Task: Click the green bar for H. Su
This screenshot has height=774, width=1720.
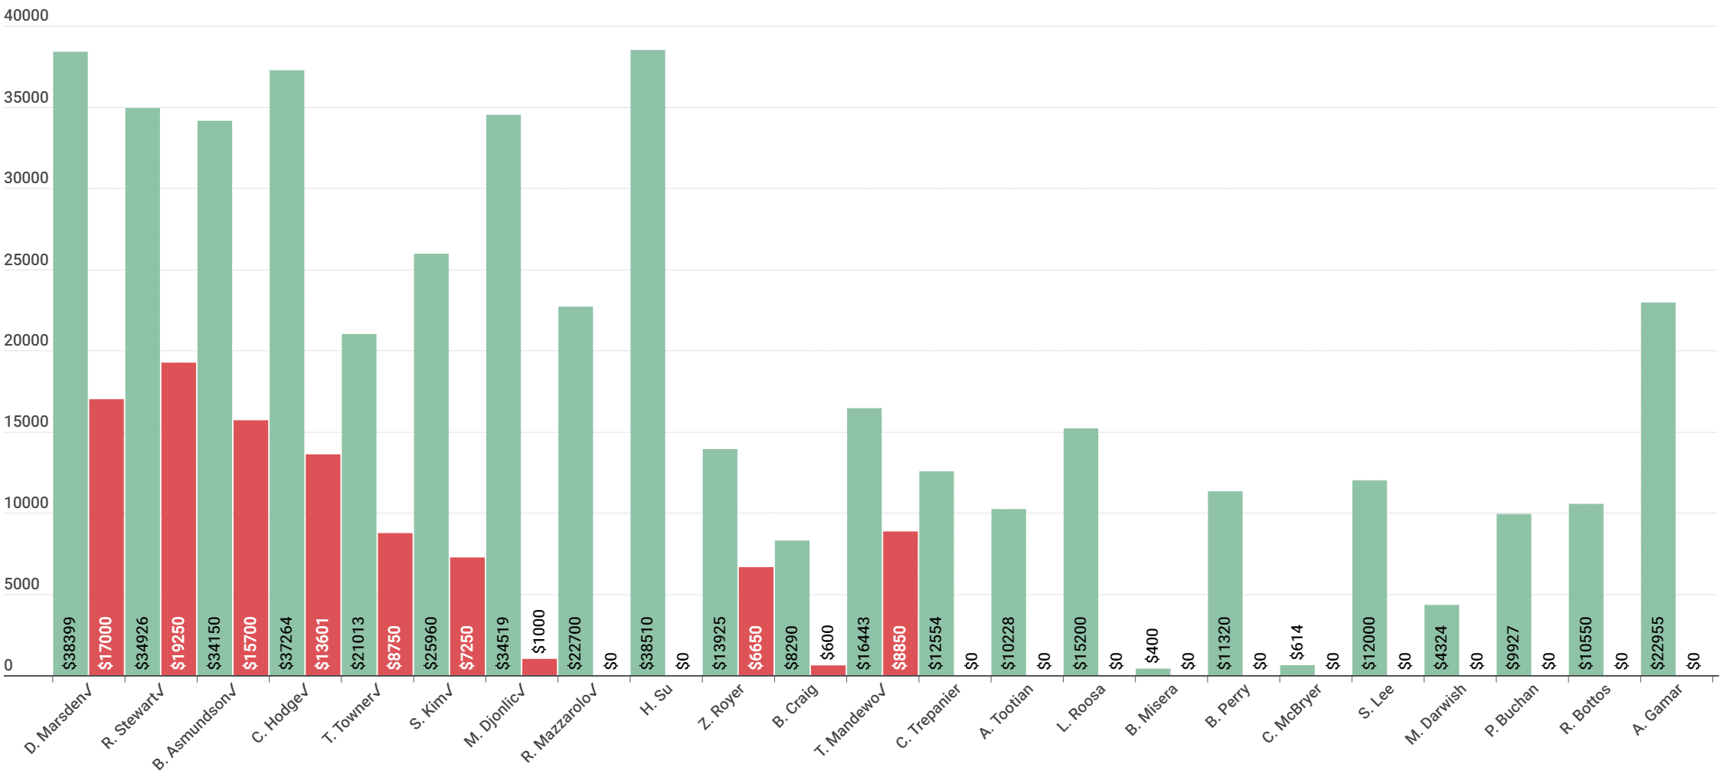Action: pos(648,362)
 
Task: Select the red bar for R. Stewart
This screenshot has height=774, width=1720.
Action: pos(178,519)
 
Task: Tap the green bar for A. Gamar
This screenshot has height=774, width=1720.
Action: pos(1658,489)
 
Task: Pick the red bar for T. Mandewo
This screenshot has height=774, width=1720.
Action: pos(901,603)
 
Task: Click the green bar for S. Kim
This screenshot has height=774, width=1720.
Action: pos(431,464)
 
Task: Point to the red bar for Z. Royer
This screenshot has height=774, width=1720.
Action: pos(756,621)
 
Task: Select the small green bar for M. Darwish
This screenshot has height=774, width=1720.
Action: pos(1441,640)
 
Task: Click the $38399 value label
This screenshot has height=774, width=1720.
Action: pos(70,644)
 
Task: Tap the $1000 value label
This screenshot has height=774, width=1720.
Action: pos(539,631)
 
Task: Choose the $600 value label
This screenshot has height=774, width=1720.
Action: pos(828,642)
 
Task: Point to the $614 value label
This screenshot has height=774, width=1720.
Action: pos(1297,642)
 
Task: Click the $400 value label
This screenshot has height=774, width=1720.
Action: pos(1153,645)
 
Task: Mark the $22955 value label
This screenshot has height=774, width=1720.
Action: pos(1658,644)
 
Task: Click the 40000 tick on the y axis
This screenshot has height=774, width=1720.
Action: pos(26,15)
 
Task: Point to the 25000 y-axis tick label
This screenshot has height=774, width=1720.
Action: pos(26,260)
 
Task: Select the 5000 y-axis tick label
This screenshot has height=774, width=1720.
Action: pos(21,584)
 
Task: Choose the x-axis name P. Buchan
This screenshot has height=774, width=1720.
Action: pos(1511,710)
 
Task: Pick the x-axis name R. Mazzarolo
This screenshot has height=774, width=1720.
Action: pos(558,723)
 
